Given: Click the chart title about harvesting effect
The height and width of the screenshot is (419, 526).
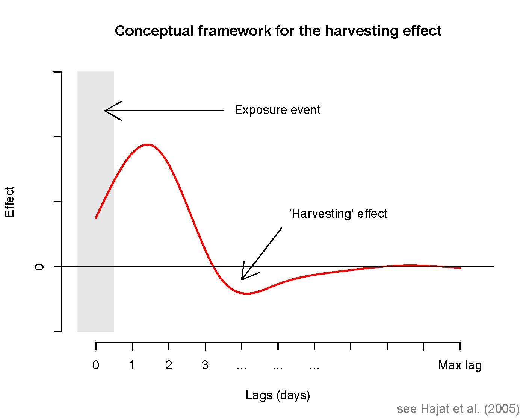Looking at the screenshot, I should pos(278,31).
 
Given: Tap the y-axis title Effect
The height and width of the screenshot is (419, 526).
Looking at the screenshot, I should pos(9,202).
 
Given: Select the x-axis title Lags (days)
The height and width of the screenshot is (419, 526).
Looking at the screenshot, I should pos(278,395).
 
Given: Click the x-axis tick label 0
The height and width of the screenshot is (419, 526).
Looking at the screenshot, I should pos(96,365).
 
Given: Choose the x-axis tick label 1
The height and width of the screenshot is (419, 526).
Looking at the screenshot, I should pos(132,365).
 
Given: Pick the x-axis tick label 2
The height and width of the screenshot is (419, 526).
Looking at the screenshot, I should pos(169,365).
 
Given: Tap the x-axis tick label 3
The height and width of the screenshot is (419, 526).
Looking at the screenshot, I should pos(205,365).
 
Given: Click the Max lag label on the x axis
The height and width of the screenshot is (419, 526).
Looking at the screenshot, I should pos(459,365).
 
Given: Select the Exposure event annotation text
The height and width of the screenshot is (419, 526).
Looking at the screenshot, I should pos(277,110).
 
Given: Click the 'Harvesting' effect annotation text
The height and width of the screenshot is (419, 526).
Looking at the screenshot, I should pos(338,214).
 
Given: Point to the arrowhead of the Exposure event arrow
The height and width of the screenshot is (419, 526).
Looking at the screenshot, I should pos(106,111).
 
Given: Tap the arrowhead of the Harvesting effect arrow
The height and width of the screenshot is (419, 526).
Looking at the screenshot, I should pos(242,279).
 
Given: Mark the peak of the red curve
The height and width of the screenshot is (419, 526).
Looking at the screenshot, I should pos(148,144).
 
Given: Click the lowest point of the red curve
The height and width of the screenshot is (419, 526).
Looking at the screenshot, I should pos(246,293).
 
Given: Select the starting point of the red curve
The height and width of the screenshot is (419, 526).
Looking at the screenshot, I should pos(96,217).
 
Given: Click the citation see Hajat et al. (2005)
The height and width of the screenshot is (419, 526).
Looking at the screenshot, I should pos(458,409).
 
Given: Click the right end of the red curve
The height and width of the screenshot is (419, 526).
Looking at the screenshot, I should pos(460,268).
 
